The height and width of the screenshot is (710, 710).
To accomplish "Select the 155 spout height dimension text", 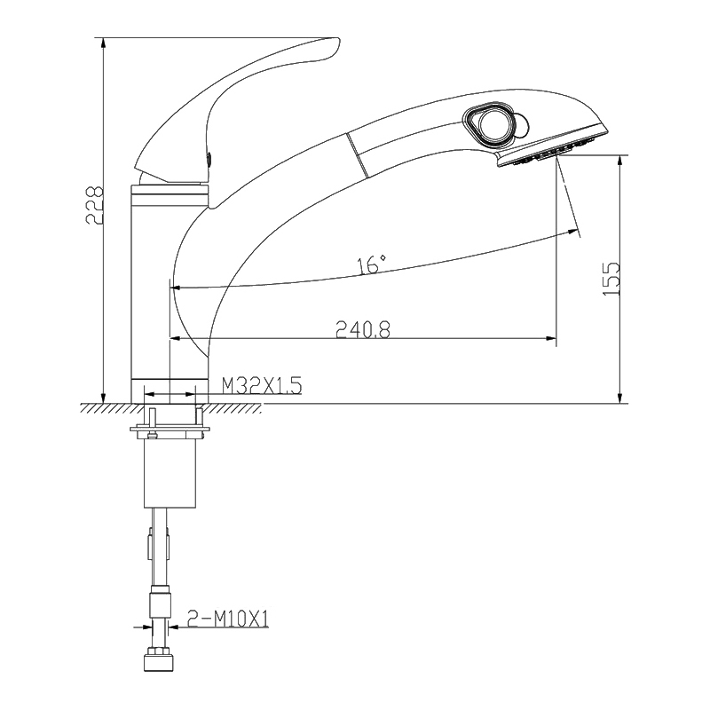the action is [x=611, y=279].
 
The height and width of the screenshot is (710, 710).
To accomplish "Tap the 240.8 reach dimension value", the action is [x=363, y=328].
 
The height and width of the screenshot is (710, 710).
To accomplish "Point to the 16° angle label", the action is [x=372, y=264].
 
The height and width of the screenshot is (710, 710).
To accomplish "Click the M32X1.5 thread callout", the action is [x=262, y=386].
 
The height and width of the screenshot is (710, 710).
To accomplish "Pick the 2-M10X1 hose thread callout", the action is [x=229, y=619].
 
